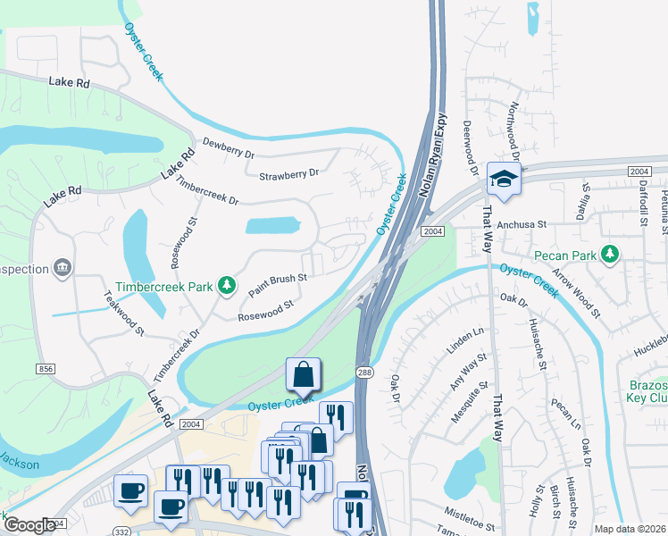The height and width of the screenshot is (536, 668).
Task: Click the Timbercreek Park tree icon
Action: (x=229, y=286)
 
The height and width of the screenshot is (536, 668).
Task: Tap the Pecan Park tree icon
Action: (x=610, y=255)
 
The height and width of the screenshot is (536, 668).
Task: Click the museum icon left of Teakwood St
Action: (x=62, y=267)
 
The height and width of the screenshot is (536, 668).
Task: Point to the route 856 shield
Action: (x=45, y=368)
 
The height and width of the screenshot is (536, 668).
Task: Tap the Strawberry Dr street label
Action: (x=288, y=174)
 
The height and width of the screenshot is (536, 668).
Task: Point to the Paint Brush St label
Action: (x=278, y=285)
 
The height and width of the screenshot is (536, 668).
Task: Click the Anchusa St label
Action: (x=521, y=225)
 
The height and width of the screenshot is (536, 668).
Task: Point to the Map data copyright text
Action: (x=630, y=529)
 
